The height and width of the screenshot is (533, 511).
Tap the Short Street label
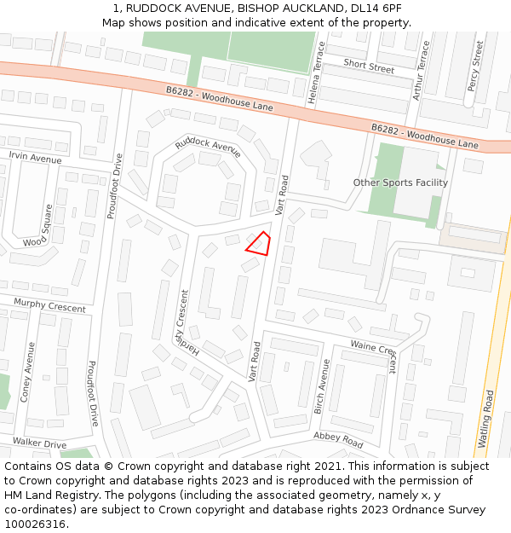click(369, 65)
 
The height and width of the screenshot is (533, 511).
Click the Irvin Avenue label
click(35, 159)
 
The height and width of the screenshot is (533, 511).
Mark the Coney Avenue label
click(27, 373)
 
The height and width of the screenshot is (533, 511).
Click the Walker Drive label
click(39, 443)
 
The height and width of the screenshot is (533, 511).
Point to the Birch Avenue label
click(322, 386)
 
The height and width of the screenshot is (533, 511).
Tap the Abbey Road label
click(338, 439)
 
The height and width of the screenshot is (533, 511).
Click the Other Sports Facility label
click(400, 182)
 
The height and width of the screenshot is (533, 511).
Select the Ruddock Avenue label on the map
click(209, 148)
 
